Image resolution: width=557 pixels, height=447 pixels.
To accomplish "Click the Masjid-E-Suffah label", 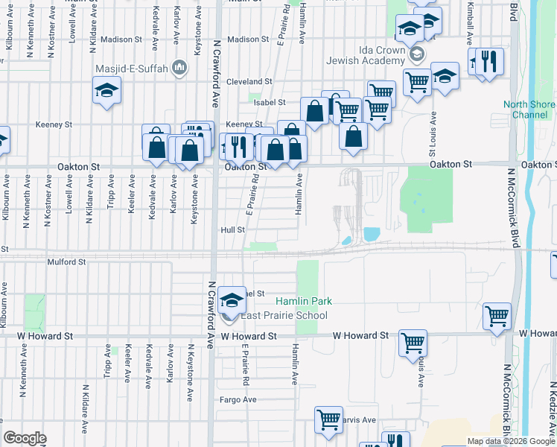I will [131, 69].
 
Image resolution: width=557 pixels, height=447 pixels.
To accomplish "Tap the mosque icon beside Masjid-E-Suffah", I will [178, 69].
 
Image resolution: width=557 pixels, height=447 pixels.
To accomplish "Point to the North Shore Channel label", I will [529, 110].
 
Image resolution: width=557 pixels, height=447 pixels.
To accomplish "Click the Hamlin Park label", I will [304, 301].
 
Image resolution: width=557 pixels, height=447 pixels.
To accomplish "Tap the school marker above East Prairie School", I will [232, 300].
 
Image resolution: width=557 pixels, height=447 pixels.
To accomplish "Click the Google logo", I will [25, 437].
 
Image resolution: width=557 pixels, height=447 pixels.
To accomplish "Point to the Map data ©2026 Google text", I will [510, 441].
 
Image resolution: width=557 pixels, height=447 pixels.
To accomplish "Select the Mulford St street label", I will [66, 262].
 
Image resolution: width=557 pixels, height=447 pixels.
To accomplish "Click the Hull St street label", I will [232, 230].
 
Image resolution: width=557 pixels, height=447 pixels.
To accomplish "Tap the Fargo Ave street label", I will [238, 399].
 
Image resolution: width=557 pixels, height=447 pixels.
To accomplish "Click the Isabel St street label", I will [270, 102].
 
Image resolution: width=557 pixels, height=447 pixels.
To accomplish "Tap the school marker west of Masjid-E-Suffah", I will [106, 91].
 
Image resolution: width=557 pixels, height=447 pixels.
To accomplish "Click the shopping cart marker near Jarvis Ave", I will [328, 419].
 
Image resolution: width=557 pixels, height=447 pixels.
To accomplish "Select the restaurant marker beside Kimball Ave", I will [489, 61].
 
